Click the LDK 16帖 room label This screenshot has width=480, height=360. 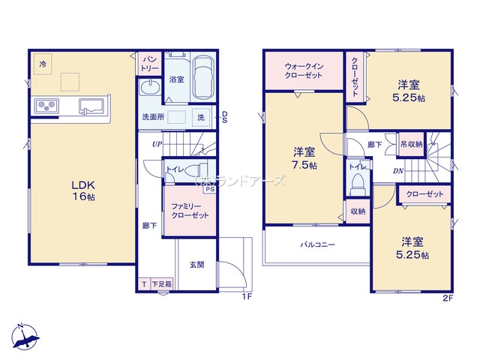(x=82, y=190)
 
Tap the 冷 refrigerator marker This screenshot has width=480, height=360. (x=43, y=65)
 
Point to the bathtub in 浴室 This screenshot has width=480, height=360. (x=202, y=79)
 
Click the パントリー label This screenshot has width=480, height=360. (x=148, y=63)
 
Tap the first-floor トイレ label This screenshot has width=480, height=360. (x=176, y=169)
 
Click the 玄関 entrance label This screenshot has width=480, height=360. (x=197, y=265)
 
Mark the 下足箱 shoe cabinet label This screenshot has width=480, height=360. (x=161, y=284)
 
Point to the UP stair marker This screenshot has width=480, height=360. (x=156, y=144)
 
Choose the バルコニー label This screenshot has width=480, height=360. (x=318, y=244)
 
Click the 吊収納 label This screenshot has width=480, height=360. (x=410, y=144)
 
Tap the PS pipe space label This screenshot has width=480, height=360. (x=209, y=189)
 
